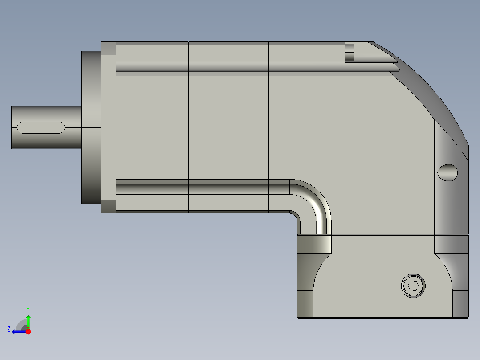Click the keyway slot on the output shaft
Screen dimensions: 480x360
41,127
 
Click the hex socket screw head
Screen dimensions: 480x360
413,286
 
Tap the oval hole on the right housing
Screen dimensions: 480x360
447,172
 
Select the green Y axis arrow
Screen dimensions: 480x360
28,321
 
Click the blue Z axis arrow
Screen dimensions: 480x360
19,331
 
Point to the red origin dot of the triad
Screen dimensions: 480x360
28,331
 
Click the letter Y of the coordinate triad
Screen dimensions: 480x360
28,310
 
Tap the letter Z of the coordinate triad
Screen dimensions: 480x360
9,329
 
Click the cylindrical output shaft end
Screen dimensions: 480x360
46,127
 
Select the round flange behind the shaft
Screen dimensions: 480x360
91,127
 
